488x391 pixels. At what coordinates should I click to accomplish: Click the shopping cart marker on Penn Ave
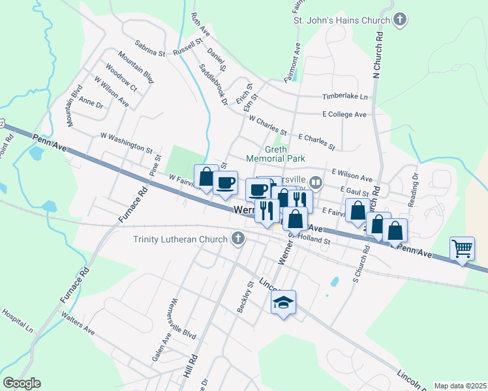[462, 248]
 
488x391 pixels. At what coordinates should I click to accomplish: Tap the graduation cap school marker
[283, 302]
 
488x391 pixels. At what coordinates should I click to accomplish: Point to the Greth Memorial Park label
[267, 154]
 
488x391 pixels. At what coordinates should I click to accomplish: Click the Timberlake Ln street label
[345, 97]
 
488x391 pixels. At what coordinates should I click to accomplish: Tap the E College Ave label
[344, 114]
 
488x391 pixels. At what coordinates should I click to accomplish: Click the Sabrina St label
[150, 48]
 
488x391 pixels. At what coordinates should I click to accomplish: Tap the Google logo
[22, 383]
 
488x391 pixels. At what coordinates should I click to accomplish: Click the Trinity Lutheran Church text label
[181, 239]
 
